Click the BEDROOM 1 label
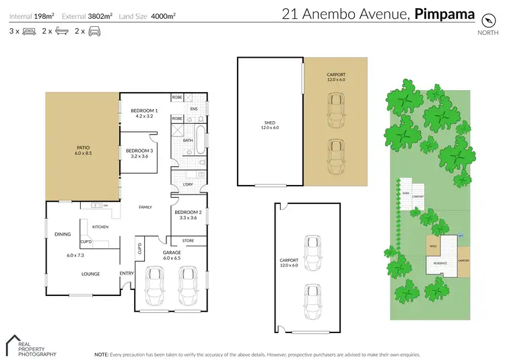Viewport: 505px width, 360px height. (144, 110)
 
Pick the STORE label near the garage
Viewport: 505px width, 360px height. (188, 240)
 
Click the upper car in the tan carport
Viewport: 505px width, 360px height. (335, 107)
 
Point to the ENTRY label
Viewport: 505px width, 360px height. (127, 273)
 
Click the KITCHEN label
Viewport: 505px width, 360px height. (100, 227)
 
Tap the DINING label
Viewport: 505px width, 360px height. (63, 234)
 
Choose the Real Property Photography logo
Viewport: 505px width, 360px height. (30, 345)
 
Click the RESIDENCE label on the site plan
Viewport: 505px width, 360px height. (440, 263)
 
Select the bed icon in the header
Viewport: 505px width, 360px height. (29, 31)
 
